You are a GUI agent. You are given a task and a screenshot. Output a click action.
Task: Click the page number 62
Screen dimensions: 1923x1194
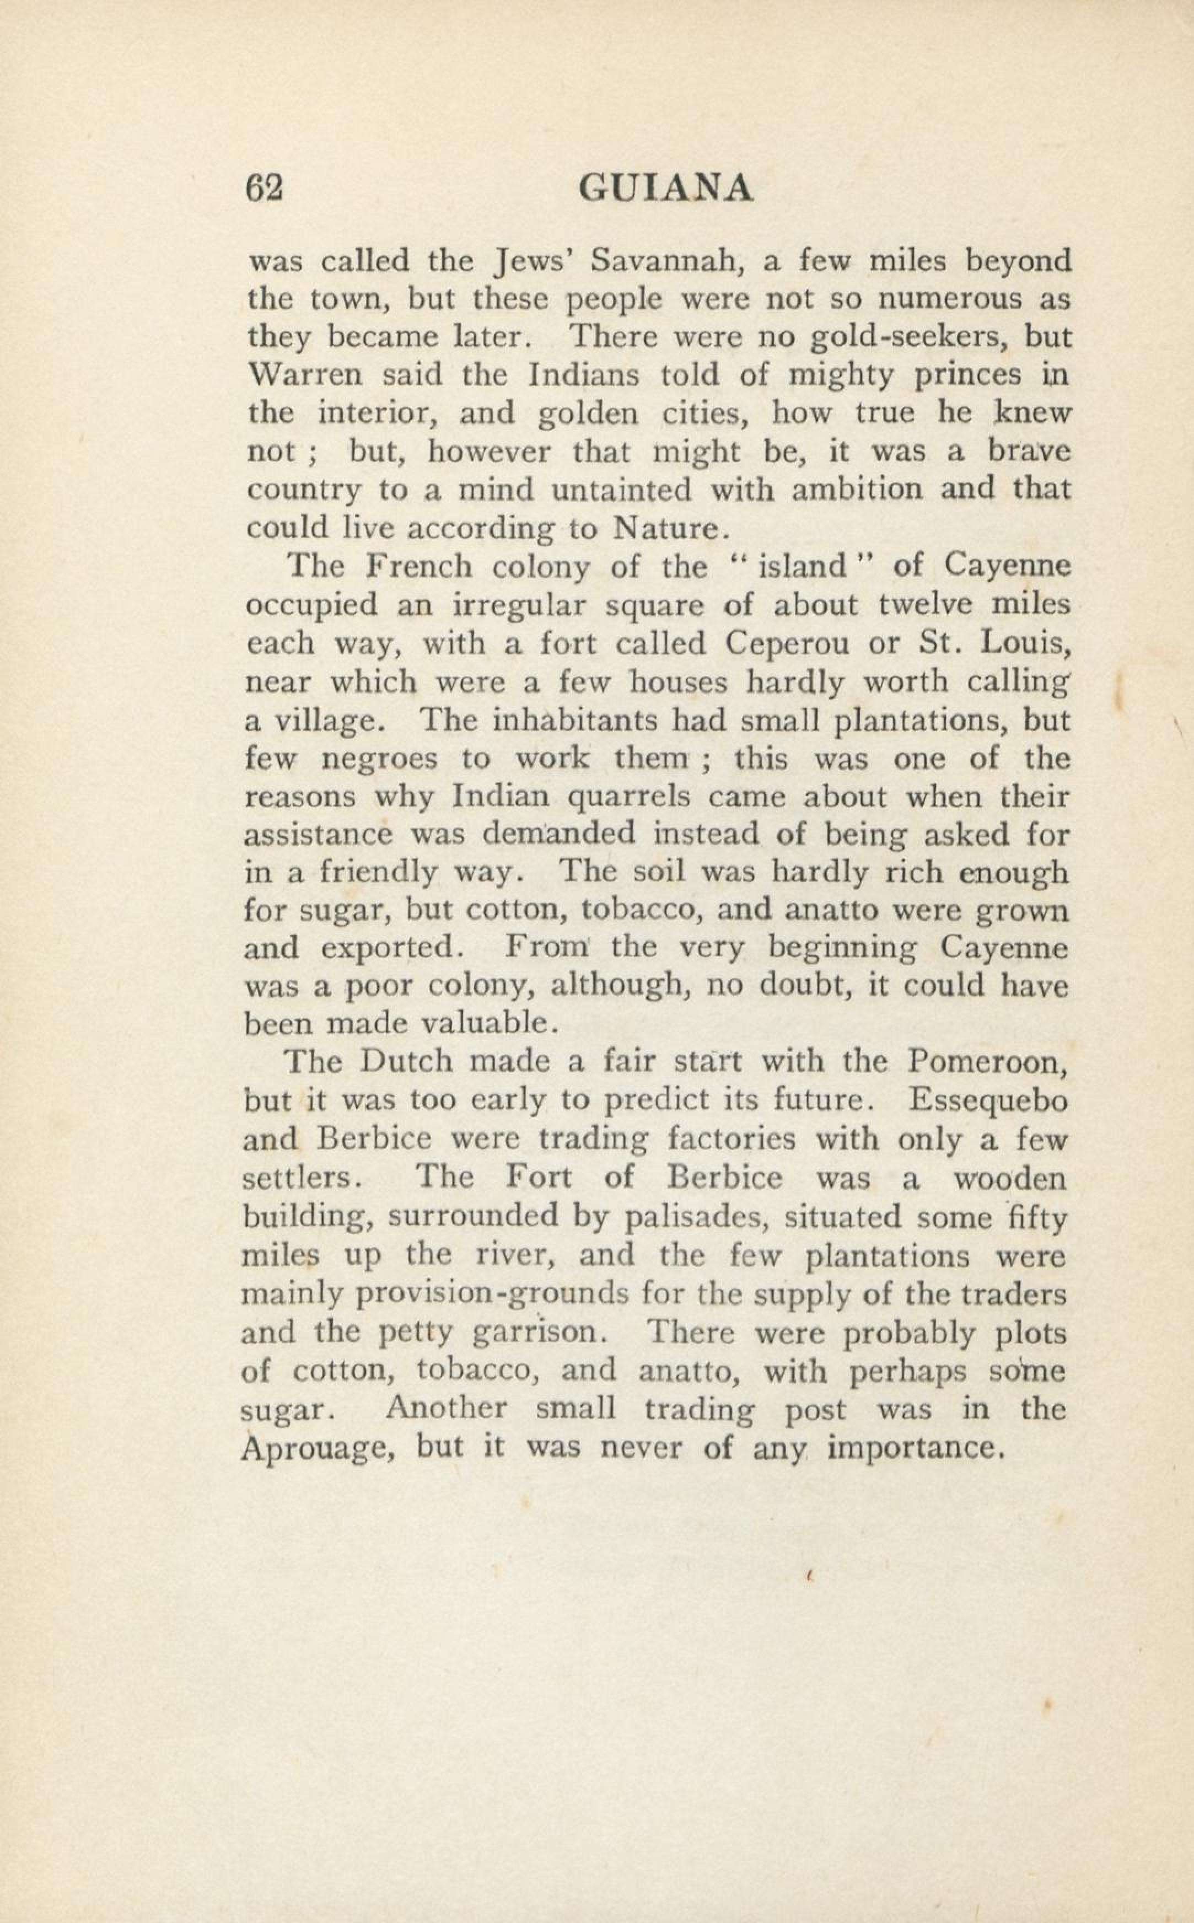tap(265, 190)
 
